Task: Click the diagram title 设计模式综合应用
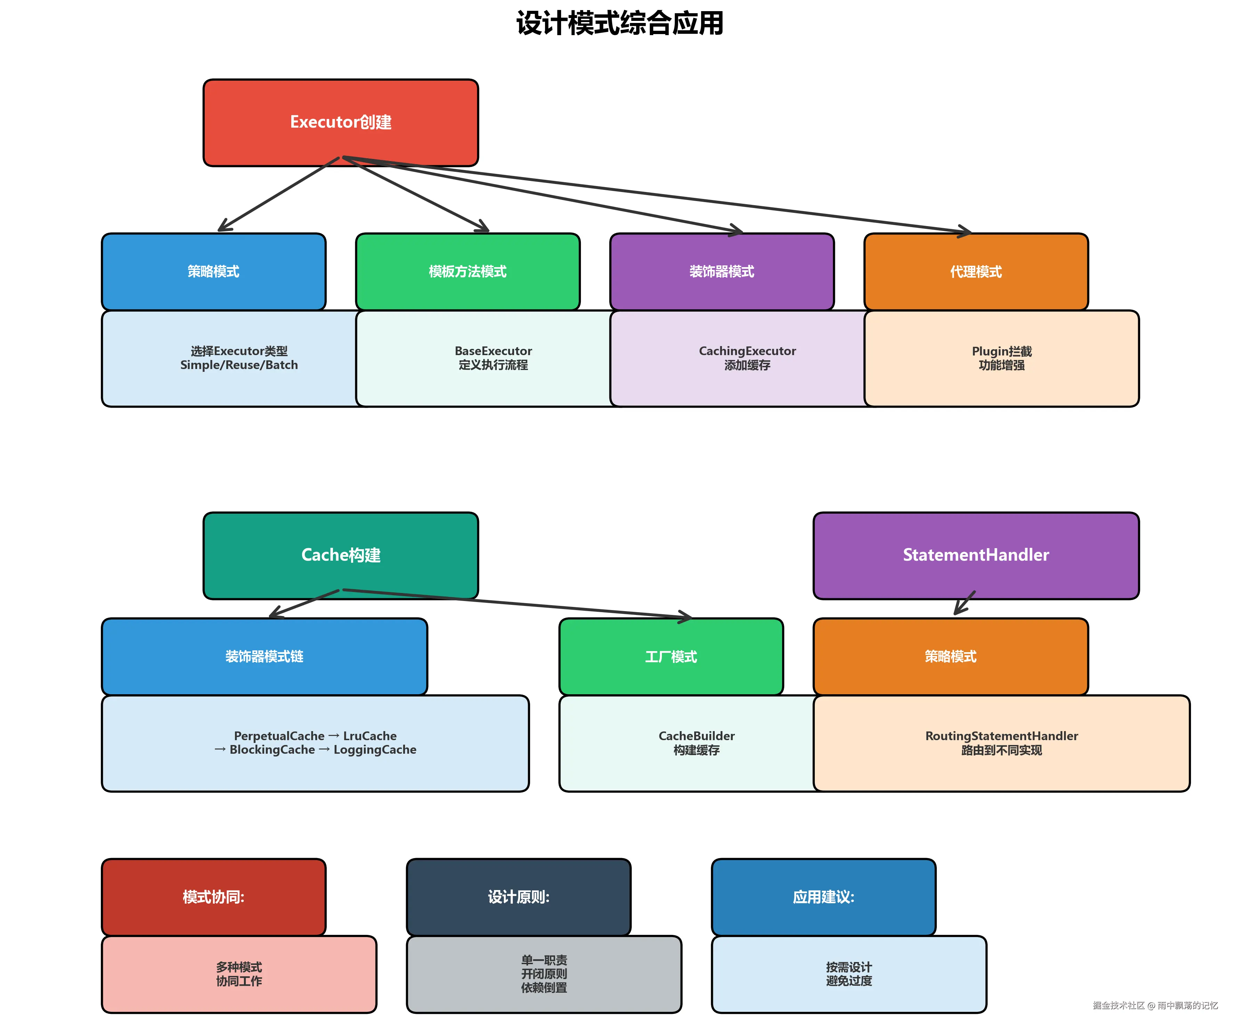[x=619, y=24]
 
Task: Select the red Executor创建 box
[x=340, y=122]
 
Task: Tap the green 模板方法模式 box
[x=468, y=271]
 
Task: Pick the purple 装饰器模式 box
[x=722, y=271]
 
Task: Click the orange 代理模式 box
[x=976, y=271]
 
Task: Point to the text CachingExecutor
[x=747, y=351]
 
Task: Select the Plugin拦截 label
[x=1002, y=351]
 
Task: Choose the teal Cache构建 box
[x=340, y=555]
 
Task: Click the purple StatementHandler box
[x=976, y=555]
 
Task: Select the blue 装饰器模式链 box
[x=264, y=656]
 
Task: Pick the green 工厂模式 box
[x=671, y=656]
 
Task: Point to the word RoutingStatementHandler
[x=1002, y=736]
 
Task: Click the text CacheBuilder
[x=697, y=736]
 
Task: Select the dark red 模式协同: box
[x=213, y=897]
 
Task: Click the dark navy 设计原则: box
[x=518, y=897]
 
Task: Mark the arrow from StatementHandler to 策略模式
[x=964, y=603]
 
